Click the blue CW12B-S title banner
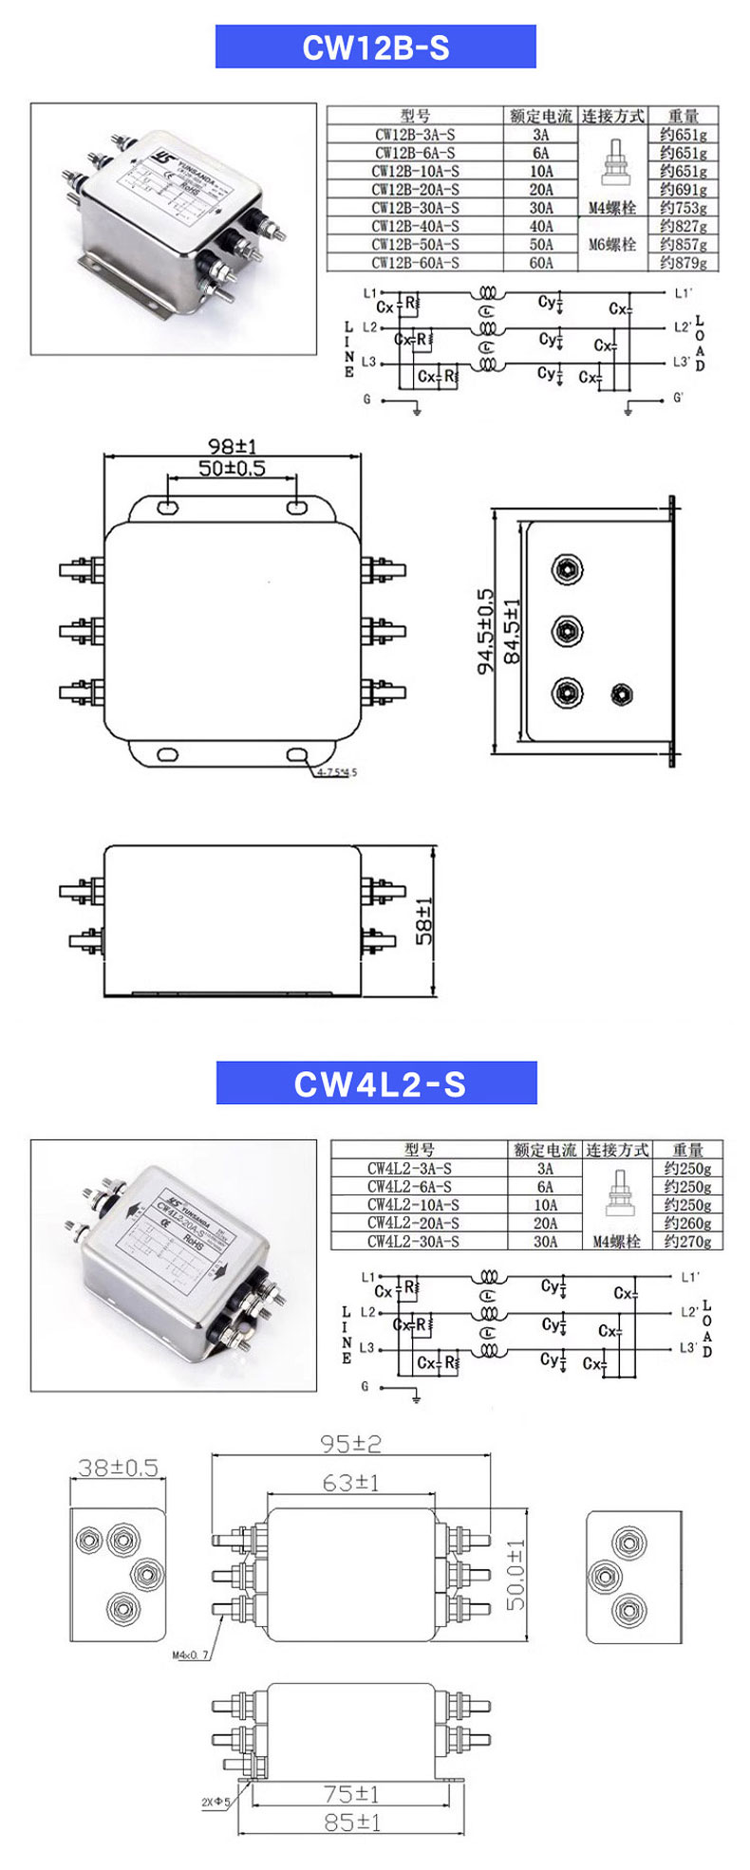[375, 47]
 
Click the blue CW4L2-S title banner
[377, 1083]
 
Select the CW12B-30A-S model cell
[415, 208]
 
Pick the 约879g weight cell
[683, 263]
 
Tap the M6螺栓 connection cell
[611, 244]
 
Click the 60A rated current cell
[541, 263]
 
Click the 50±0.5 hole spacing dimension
[232, 469]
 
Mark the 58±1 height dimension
[424, 920]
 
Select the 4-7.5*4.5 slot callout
[337, 772]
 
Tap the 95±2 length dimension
[350, 1443]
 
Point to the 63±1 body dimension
[350, 1482]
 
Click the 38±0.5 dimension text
[118, 1468]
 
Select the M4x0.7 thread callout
[191, 1656]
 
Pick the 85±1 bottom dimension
[352, 1822]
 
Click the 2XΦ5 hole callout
[215, 1801]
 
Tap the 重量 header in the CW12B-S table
[683, 116]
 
